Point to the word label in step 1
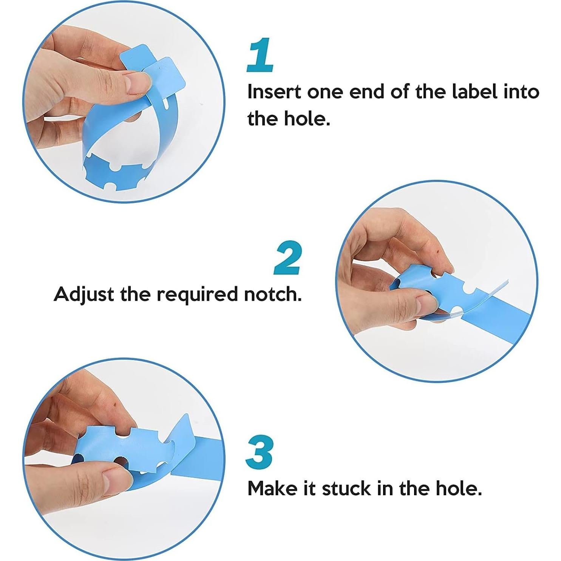pos(474,92)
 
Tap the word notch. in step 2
pos(273,294)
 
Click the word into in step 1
pos(521,92)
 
